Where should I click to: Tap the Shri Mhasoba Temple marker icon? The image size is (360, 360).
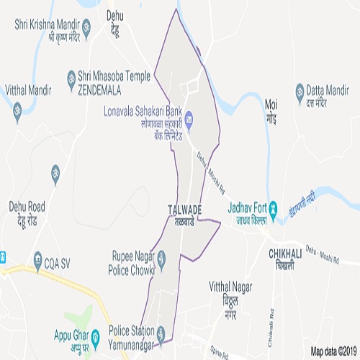(x=71, y=76)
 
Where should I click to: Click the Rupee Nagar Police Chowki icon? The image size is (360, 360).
(x=161, y=256)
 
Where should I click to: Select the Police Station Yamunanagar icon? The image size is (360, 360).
(x=161, y=332)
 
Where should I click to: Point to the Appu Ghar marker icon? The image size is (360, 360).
(x=94, y=336)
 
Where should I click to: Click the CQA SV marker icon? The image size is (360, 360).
(x=38, y=258)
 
